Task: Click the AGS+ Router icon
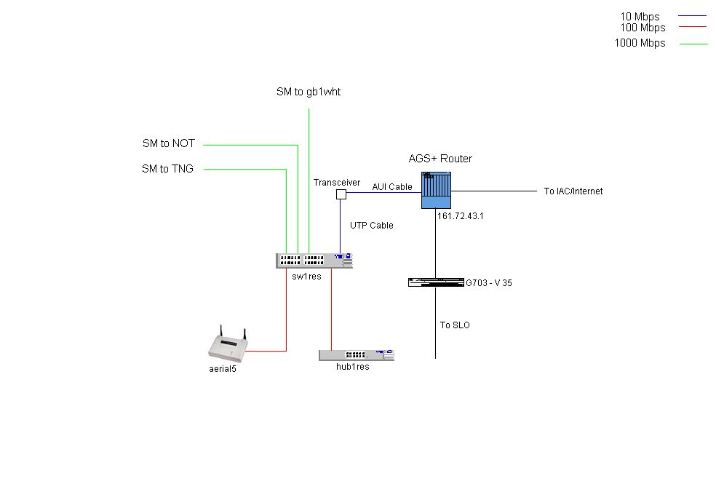[436, 191]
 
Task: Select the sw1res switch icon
[314, 261]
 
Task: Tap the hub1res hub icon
[356, 355]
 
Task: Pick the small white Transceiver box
[340, 194]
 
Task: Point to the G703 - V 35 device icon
[436, 282]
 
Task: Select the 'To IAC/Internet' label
[573, 191]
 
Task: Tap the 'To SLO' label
[455, 325]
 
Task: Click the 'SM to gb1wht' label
[308, 92]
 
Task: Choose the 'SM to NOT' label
[168, 144]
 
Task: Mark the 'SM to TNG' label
[167, 170]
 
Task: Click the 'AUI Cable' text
[392, 187]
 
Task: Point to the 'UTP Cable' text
[371, 226]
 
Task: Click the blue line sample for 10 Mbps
[693, 16]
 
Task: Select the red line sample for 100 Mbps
[693, 26]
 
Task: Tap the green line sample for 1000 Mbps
[693, 44]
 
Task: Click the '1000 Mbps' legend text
[640, 43]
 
